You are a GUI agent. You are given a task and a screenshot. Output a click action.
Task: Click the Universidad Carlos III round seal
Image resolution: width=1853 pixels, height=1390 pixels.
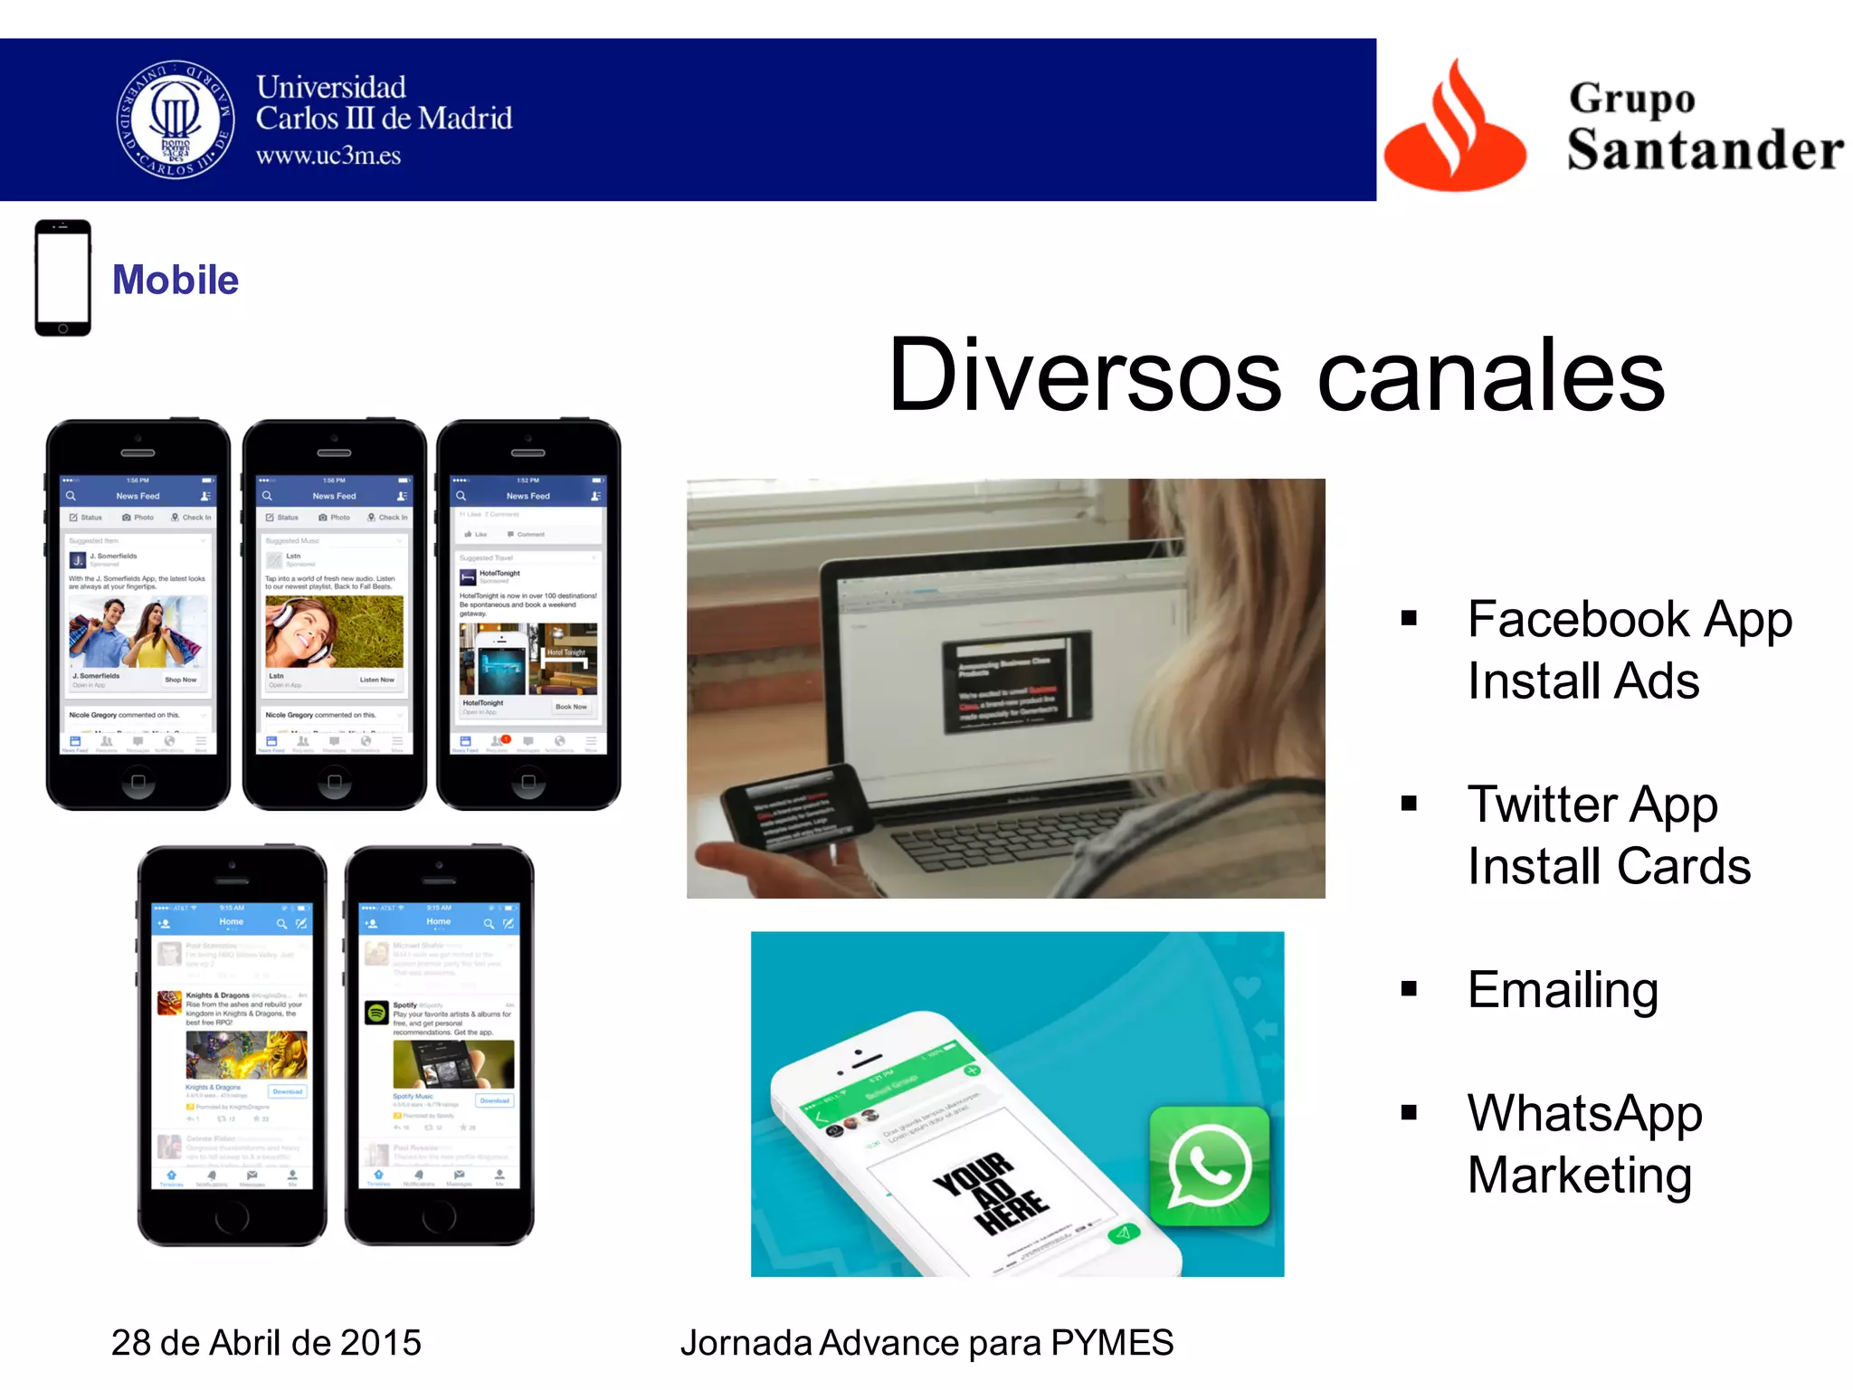coord(176,119)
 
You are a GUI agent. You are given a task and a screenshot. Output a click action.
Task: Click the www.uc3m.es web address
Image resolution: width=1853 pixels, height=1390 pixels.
coord(328,156)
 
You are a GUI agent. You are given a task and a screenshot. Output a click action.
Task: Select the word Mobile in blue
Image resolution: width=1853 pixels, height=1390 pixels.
coord(176,280)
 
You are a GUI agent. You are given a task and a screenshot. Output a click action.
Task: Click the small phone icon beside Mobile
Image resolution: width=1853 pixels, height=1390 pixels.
coord(62,277)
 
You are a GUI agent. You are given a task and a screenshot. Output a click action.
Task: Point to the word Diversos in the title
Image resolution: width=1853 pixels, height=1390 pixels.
coord(1084,375)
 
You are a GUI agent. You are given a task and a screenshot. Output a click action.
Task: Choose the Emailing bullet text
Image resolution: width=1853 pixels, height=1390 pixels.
coord(1563,989)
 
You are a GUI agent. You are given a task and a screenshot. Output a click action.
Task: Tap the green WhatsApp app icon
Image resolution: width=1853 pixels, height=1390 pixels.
coord(1210,1166)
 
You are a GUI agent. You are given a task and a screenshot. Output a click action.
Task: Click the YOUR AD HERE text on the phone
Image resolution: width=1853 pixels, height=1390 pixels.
coord(990,1193)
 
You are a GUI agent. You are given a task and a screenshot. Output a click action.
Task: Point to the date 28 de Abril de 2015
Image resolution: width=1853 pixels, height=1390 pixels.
coord(266,1342)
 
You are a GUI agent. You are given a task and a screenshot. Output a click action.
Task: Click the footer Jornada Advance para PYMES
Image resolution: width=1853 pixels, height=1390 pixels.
coord(926,1342)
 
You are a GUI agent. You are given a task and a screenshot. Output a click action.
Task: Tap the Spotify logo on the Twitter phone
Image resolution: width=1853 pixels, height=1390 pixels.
coord(376,1013)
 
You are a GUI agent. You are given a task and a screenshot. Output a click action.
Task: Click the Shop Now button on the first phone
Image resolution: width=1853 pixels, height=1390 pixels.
coord(180,680)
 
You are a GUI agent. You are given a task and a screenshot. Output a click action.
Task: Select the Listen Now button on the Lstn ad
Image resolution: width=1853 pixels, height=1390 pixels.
coord(376,680)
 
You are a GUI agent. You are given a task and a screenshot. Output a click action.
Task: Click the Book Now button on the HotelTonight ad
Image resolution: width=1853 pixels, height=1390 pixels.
coord(571,707)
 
